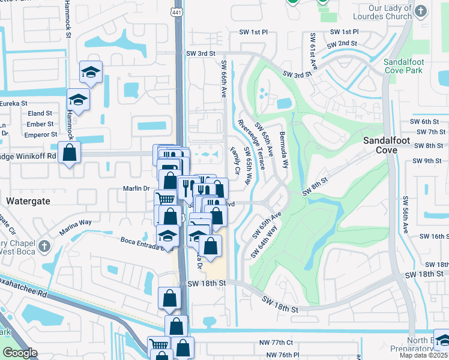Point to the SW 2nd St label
(x=342, y=44)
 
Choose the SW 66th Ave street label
(x=224, y=79)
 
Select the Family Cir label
(x=235, y=163)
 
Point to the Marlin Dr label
(x=137, y=188)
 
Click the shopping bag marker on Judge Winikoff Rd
(x=70, y=152)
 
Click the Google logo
(x=20, y=353)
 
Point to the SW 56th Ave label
(x=406, y=214)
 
